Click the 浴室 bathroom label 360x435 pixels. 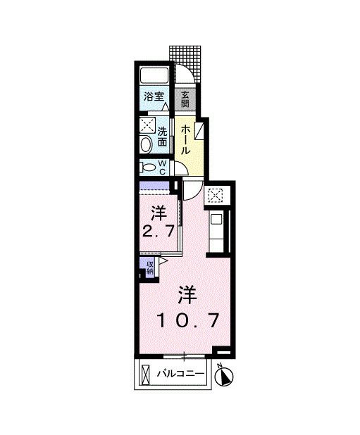point(154,98)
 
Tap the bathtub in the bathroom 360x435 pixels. point(154,77)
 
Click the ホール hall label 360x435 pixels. point(185,139)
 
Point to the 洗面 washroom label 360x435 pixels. point(162,135)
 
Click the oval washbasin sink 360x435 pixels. point(145,146)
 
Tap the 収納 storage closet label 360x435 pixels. point(150,266)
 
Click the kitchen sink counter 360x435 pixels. point(218,231)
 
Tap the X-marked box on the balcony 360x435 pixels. point(145,373)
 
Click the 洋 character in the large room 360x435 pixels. point(187,293)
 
